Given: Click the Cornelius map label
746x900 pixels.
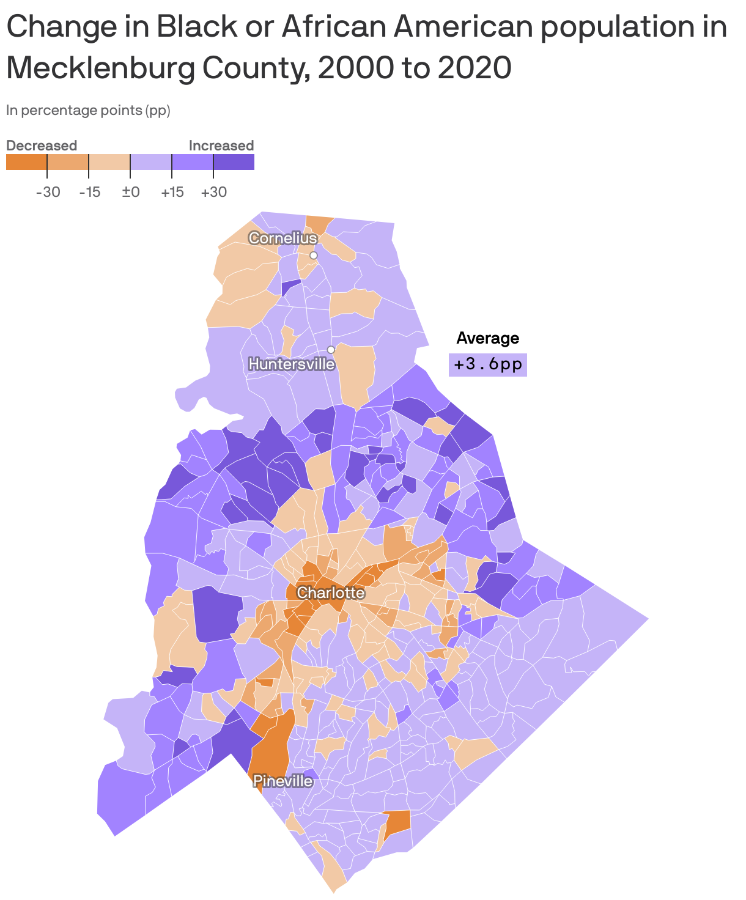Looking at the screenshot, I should (x=283, y=238).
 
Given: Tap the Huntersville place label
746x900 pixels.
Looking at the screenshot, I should (x=292, y=364).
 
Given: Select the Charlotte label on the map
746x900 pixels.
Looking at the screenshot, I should (x=330, y=592).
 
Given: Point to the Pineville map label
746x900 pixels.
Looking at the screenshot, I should (x=283, y=781).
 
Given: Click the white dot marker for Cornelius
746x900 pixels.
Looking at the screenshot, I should (x=314, y=255).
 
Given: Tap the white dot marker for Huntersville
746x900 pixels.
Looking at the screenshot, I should (x=331, y=350).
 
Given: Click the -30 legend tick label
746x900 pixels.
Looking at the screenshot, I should (x=48, y=192).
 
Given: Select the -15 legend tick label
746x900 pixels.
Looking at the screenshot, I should (x=90, y=192).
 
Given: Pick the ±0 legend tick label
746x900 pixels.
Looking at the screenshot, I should (x=131, y=192).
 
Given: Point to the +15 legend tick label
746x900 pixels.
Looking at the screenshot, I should (x=172, y=192).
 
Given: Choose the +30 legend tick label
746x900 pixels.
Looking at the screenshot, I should (x=213, y=192).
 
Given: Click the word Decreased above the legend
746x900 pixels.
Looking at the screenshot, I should (x=42, y=146).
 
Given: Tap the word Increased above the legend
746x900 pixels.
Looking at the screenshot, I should (x=221, y=146).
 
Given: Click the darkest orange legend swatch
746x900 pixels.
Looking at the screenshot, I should (x=26, y=162).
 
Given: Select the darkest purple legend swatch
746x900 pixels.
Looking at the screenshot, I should (x=234, y=162).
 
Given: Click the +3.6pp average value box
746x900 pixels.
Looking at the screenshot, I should (x=488, y=364).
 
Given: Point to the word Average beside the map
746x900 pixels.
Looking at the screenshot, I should (x=487, y=338).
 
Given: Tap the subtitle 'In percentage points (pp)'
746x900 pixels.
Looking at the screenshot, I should (x=88, y=111).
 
